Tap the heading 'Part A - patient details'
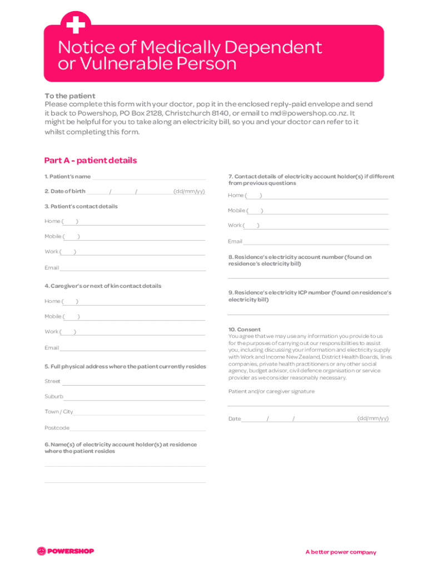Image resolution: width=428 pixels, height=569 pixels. [x=90, y=161]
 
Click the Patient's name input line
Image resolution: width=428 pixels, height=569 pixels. [x=148, y=178]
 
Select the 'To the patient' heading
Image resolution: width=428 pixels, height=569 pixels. [x=69, y=96]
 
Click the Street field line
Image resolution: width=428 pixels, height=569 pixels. [x=133, y=383]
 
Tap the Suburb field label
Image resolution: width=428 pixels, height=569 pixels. [x=53, y=397]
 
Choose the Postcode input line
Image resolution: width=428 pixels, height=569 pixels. [x=137, y=430]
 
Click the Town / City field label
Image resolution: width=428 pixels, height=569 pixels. [x=58, y=412]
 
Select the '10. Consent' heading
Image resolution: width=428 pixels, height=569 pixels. [x=244, y=330]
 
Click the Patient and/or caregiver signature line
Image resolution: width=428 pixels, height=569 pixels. [x=308, y=405]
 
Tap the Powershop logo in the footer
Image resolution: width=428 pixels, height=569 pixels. [x=66, y=551]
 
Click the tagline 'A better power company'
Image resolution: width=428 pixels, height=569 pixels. [x=340, y=552]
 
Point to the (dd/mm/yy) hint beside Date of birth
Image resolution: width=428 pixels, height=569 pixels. [x=189, y=192]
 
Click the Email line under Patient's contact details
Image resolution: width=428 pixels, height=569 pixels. [x=132, y=269]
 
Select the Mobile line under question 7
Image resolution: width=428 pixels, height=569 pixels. [x=326, y=213]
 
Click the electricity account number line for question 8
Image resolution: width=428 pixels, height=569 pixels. [x=308, y=277]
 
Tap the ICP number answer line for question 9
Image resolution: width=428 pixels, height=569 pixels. [x=308, y=314]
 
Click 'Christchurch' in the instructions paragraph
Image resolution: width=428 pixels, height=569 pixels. [x=189, y=113]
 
